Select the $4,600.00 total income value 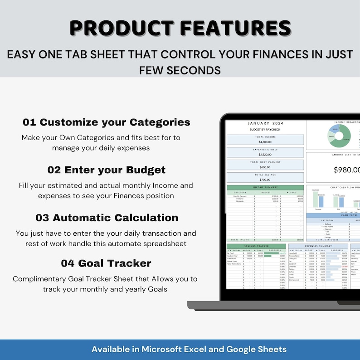tap(264, 142)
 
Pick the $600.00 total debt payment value tap(264, 167)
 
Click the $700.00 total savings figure tap(264, 180)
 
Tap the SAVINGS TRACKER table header tap(256, 246)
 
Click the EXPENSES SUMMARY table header tap(318, 246)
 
